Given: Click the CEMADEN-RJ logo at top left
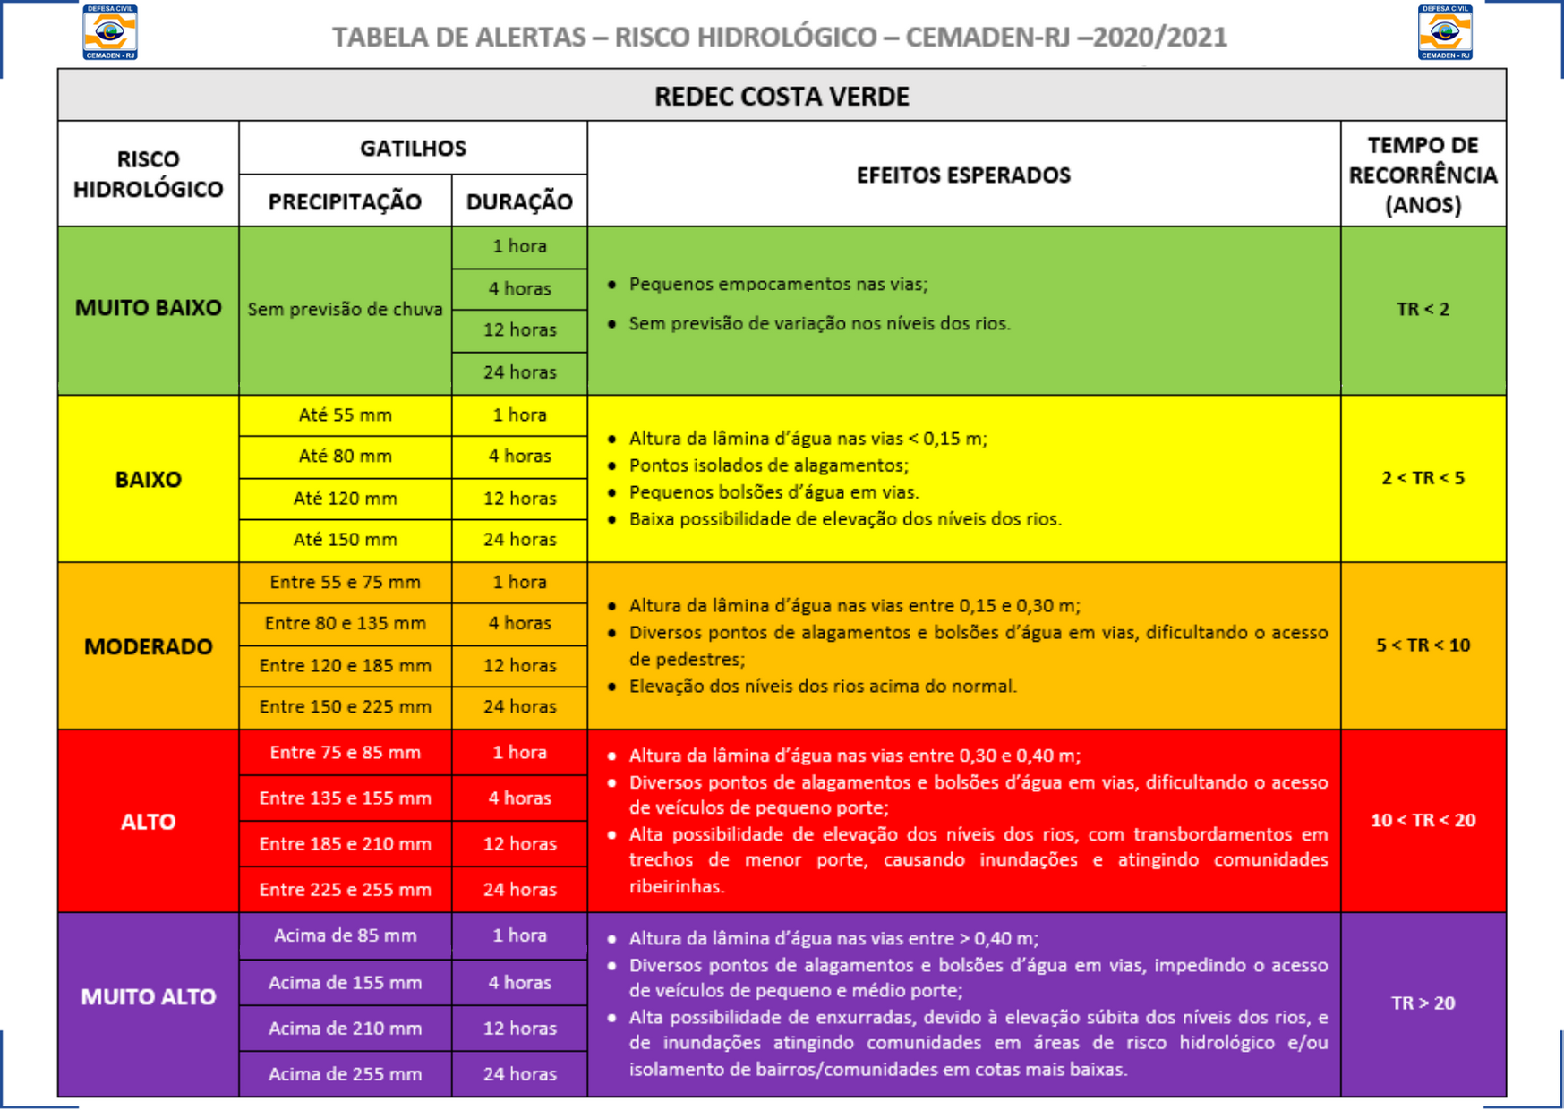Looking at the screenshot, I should point(109,32).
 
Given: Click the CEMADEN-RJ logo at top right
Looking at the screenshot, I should point(1444,32).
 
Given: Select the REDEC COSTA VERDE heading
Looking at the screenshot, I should point(781,96).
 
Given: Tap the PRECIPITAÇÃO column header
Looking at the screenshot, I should point(345,201).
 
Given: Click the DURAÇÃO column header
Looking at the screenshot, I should point(519,201).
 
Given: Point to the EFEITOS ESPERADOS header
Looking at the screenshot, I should point(963,175).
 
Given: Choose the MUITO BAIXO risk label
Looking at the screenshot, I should point(149,308).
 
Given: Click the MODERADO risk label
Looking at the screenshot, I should point(149,646).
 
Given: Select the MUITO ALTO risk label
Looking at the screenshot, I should point(149,996).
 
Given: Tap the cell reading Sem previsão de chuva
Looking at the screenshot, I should point(345,310).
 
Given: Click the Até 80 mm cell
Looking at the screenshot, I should point(345,457).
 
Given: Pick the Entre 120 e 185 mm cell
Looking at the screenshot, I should point(345,665).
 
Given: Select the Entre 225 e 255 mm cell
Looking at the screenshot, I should point(345,890).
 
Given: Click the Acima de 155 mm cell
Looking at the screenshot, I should point(345,983).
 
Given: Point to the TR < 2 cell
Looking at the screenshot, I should point(1423,310).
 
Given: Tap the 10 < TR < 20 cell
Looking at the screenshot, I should point(1423,820).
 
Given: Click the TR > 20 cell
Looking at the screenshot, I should point(1423,1003).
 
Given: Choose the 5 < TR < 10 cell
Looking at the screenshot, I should point(1423,645).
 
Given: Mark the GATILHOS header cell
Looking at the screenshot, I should point(413,149).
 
